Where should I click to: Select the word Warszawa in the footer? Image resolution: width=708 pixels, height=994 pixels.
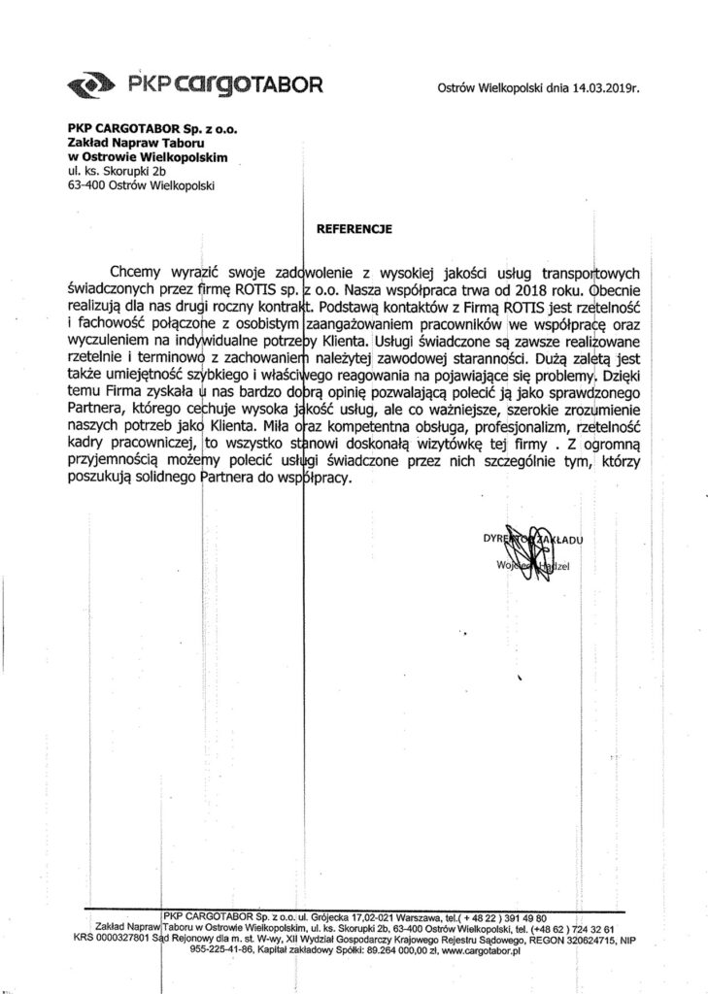coord(394,916)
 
